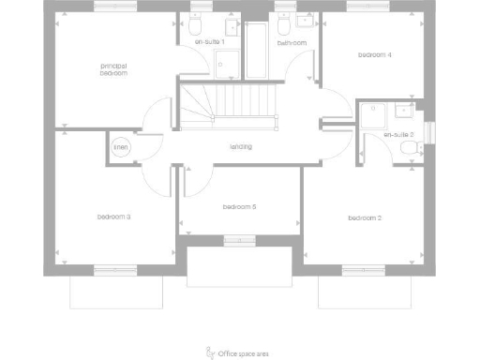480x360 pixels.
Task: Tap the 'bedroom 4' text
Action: [375, 55]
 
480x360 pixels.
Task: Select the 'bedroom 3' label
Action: [113, 217]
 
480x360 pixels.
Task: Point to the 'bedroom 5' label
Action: [240, 206]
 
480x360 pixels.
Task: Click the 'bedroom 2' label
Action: [365, 218]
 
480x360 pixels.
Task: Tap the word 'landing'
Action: [241, 146]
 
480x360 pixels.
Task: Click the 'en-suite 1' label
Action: [209, 42]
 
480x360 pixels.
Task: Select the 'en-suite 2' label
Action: [398, 135]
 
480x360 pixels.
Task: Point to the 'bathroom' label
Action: [292, 42]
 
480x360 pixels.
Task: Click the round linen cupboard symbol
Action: [122, 147]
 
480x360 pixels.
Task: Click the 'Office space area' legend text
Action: [247, 353]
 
